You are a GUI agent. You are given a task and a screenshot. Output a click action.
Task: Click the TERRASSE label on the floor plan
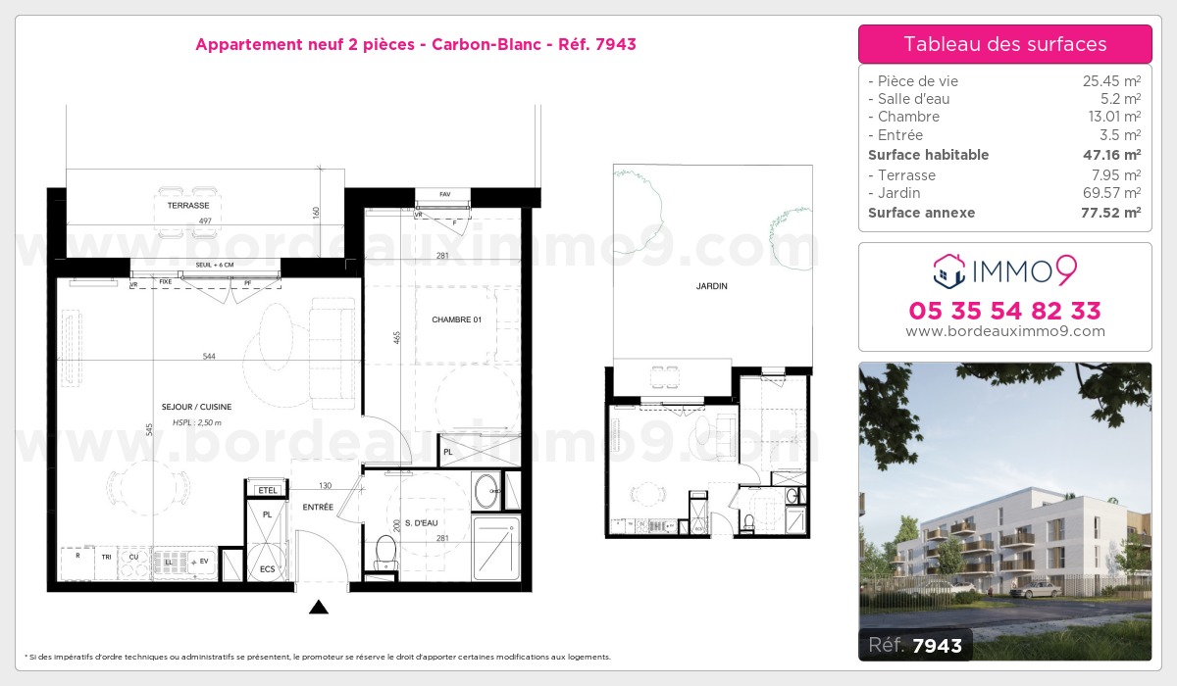tap(187, 206)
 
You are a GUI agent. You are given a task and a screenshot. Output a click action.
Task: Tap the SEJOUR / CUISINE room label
tap(196, 407)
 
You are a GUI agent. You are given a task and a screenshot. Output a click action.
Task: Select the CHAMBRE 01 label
tap(456, 320)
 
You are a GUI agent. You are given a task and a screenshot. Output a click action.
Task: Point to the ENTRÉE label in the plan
tap(317, 507)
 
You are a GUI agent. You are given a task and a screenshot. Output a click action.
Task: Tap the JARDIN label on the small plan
tap(712, 286)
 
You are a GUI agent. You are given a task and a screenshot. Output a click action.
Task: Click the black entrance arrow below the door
tap(318, 608)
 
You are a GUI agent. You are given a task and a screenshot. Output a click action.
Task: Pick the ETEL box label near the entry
tap(267, 490)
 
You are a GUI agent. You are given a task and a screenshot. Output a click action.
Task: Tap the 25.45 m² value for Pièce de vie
tap(1110, 81)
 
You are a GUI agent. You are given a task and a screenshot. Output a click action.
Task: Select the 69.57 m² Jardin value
tap(1110, 193)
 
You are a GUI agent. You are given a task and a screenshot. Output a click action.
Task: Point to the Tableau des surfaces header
tap(1004, 44)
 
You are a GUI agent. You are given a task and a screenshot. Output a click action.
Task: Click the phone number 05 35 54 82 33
tap(1004, 311)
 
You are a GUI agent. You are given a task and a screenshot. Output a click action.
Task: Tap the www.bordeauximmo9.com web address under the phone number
tap(1004, 331)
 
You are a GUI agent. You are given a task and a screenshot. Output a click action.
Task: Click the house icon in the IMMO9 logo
tap(948, 269)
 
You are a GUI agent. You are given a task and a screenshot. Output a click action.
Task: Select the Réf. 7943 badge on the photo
tap(916, 645)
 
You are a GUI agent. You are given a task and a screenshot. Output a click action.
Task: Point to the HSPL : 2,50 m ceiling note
tap(196, 422)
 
